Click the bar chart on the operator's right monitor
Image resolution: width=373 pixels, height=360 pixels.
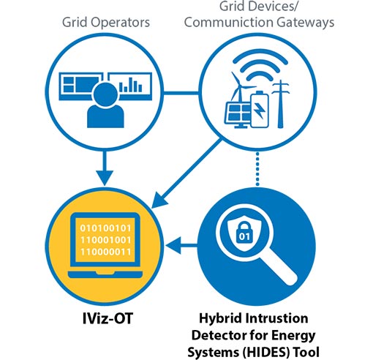(132, 85)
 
